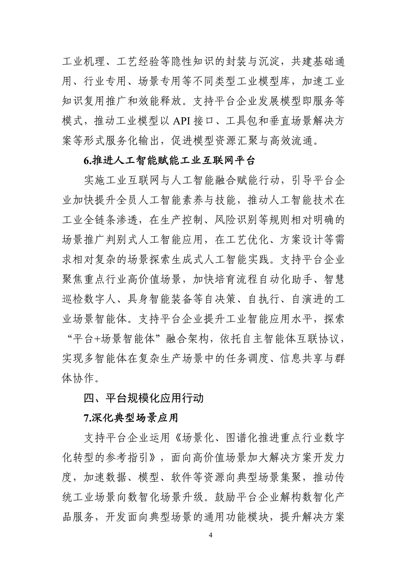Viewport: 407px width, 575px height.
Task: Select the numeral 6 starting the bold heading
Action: pyautogui.click(x=86, y=161)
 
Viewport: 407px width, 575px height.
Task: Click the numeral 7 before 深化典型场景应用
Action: pyautogui.click(x=86, y=417)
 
